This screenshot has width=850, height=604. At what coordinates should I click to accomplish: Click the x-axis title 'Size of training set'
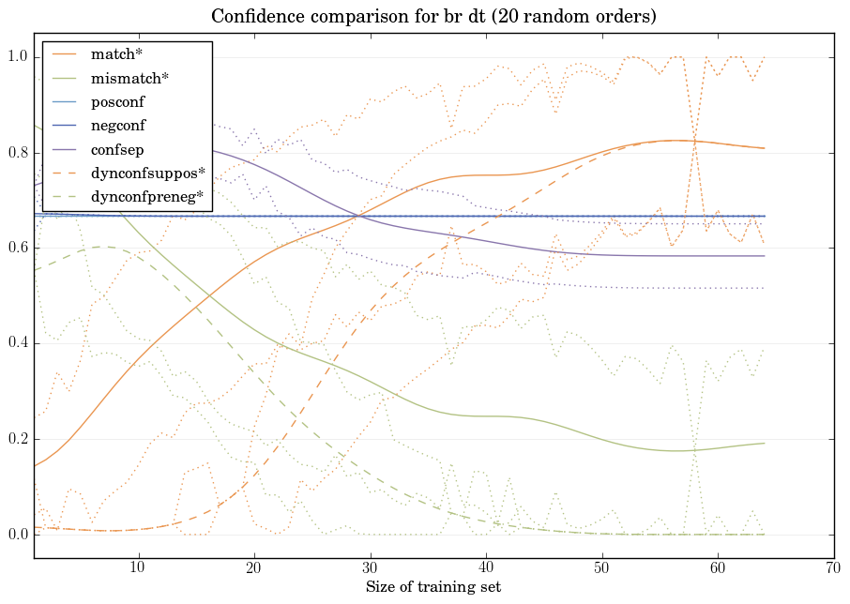pos(433,587)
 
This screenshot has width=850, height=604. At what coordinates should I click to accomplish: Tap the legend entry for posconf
pos(117,101)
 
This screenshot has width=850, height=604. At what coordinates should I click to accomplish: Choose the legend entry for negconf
pos(117,125)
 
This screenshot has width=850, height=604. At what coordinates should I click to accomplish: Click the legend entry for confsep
pos(116,149)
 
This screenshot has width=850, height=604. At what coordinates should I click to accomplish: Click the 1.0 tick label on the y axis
pos(16,57)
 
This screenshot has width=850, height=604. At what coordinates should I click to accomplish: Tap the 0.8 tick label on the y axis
pos(16,153)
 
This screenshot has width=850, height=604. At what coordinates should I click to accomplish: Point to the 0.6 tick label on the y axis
pos(16,249)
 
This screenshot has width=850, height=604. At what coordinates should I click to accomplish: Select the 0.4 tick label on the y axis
pos(16,344)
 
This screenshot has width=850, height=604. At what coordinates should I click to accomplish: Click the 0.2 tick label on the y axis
pos(16,440)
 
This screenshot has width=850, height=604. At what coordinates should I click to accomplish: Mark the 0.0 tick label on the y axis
pos(16,536)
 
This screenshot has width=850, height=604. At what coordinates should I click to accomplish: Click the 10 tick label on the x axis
pos(138,567)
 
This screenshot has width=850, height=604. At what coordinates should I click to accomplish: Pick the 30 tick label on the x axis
pos(370,567)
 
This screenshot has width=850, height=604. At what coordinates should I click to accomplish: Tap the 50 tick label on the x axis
pos(601,567)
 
